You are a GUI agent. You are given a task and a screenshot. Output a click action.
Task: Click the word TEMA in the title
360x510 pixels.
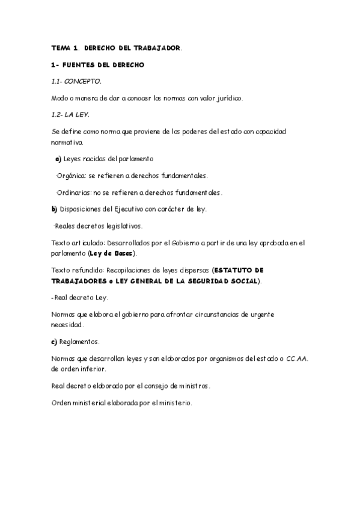pos(61,47)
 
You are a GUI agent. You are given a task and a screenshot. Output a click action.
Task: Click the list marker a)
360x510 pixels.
pos(58,159)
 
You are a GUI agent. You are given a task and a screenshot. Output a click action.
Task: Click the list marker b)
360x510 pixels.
pos(54,209)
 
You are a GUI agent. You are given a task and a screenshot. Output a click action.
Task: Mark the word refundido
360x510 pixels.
pos(89,271)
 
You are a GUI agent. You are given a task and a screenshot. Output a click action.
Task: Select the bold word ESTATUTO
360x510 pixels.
pos(233,271)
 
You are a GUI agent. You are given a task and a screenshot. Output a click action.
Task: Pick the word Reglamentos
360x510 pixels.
pos(79,342)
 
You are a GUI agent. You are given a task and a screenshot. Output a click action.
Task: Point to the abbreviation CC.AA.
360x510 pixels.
pos(297,358)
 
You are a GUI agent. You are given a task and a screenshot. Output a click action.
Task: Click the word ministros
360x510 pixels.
pos(192,386)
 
